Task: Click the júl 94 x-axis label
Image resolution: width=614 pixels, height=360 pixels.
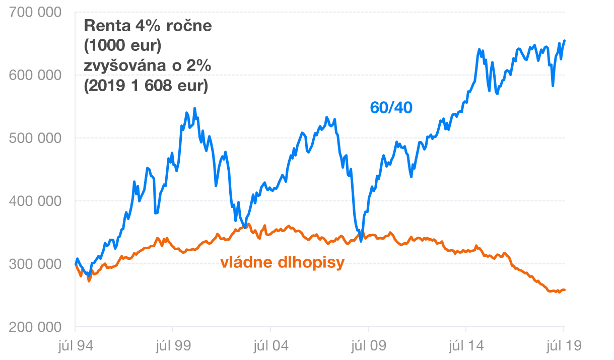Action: (75, 346)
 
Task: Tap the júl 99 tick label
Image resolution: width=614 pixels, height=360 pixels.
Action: (173, 346)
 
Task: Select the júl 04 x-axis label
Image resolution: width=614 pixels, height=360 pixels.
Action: (270, 346)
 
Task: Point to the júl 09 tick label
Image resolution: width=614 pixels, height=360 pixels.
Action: (368, 346)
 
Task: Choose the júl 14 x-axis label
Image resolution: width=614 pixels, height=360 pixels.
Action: (466, 346)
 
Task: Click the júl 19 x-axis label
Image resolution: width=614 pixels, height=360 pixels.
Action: (563, 346)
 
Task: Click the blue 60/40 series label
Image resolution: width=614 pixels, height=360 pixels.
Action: (391, 108)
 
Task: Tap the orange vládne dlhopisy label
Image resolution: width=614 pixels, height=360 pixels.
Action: (282, 262)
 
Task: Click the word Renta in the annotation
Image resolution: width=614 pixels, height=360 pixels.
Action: (102, 26)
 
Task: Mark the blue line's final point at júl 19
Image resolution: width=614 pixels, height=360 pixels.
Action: (565, 40)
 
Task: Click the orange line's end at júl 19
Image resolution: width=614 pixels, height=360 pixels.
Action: (565, 290)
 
